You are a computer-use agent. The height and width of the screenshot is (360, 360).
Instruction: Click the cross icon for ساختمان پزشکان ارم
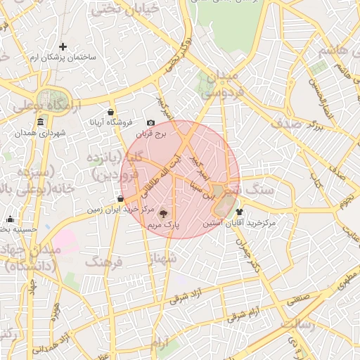(x=63, y=46)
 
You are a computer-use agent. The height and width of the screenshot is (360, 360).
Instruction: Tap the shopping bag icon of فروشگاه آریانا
(x=110, y=112)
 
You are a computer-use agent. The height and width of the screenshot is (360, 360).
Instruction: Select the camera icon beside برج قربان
(x=150, y=123)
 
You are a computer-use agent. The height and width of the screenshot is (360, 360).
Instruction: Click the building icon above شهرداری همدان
(x=40, y=122)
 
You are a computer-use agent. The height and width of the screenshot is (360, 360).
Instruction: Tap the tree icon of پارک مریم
(x=164, y=214)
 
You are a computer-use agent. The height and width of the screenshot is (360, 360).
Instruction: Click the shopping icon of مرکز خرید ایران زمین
(x=121, y=199)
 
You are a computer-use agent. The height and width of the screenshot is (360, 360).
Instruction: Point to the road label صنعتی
(x=298, y=298)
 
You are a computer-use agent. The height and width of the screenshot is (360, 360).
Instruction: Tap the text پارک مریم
(x=164, y=225)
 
